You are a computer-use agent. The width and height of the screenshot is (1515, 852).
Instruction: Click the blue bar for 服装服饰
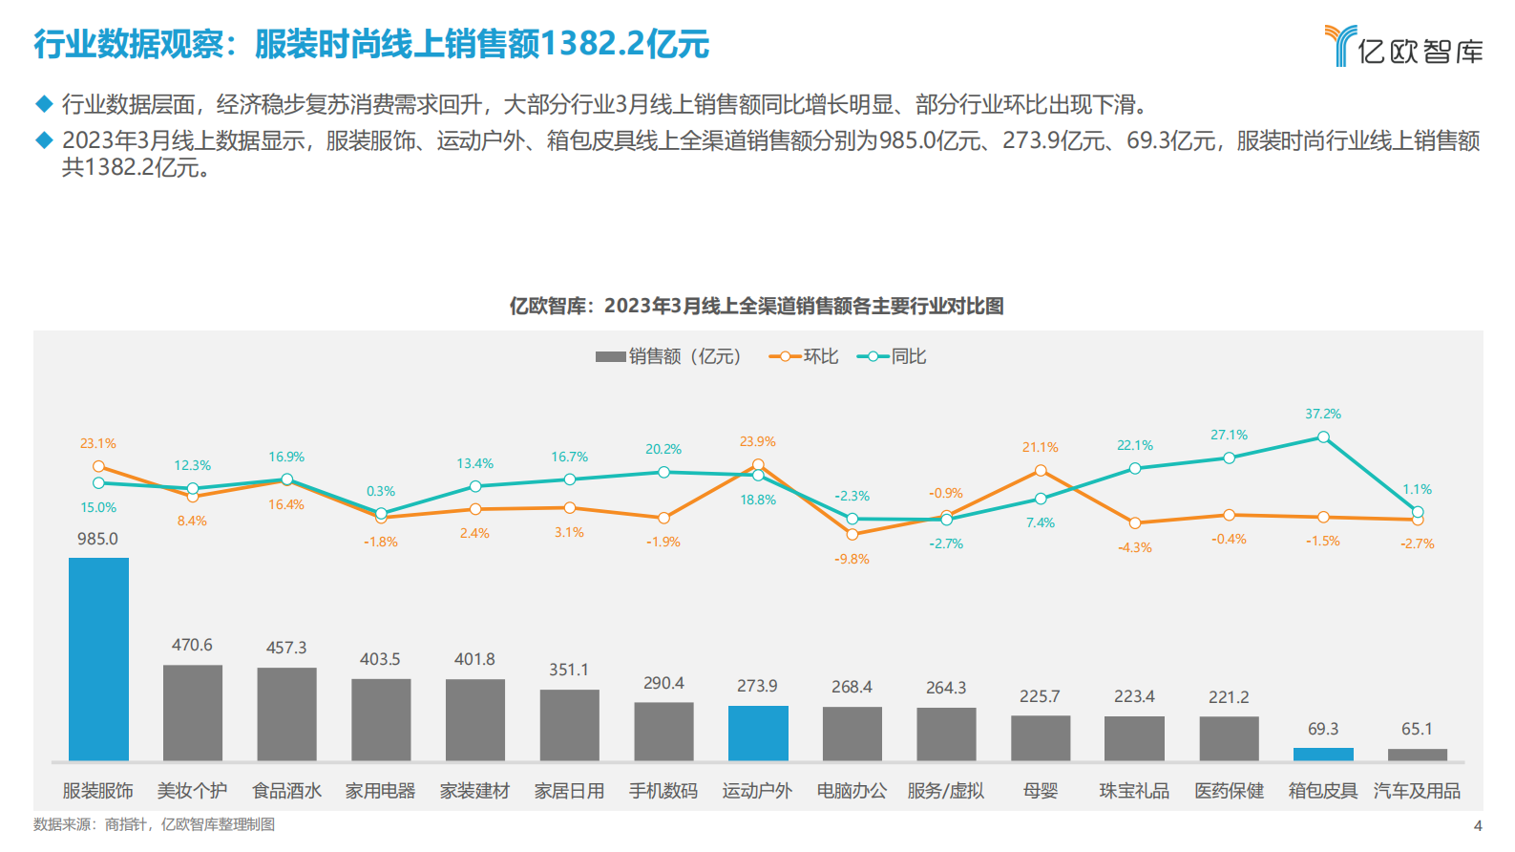pos(98,659)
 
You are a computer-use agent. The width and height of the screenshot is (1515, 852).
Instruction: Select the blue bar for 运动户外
pos(758,733)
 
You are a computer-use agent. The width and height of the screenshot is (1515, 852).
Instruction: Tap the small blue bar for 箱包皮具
pos(1323,754)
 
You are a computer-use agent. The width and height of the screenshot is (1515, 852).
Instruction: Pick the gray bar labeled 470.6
pos(193,713)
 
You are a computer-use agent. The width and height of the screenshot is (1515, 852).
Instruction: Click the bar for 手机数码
pos(663,732)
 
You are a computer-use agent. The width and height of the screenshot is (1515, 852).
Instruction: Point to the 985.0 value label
pos(97,539)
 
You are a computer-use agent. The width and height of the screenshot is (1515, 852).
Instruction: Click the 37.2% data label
pos(1323,414)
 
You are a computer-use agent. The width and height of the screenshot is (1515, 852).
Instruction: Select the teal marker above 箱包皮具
pos(1323,437)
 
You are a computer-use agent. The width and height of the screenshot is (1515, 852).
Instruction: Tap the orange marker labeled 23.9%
pos(758,465)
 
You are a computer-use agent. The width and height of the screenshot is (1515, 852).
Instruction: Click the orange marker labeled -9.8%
pos(852,534)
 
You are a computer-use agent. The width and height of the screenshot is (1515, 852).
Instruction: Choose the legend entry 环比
pos(804,356)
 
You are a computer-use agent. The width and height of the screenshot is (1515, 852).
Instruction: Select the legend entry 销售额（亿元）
pos(668,356)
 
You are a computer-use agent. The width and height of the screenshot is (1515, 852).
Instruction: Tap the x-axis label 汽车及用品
pos(1417,791)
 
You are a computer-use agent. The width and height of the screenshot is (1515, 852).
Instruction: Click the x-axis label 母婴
pos(1041,791)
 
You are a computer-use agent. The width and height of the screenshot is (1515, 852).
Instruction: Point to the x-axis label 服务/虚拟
pos(945,791)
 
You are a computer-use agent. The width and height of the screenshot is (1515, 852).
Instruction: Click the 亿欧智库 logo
pos(1404,47)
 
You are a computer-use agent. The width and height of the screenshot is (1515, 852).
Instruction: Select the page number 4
pos(1478,825)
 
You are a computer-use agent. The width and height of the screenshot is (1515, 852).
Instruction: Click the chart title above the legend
pos(756,306)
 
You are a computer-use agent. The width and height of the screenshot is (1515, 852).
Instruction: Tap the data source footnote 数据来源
pos(154,824)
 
